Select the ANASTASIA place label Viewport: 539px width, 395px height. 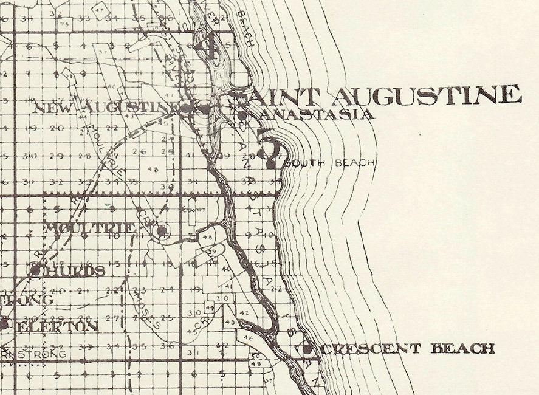[x=317, y=114]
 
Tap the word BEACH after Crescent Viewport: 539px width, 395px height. [x=463, y=349]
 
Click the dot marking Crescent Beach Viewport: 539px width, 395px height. [x=307, y=349]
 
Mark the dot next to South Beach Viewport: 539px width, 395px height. [x=270, y=163]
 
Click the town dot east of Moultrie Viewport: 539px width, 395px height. [x=161, y=231]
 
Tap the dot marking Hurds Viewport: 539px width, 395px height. [x=35, y=270]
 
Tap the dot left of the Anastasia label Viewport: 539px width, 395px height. [x=242, y=115]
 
